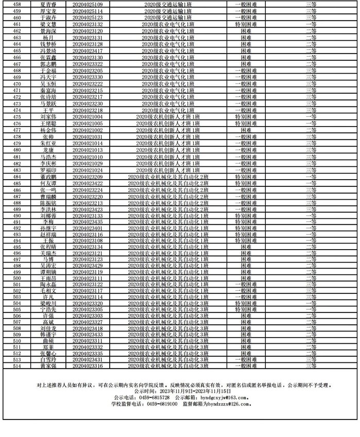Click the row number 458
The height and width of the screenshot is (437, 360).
point(17,5)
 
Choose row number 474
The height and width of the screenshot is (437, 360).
point(17,110)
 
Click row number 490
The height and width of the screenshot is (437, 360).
point(17,216)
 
